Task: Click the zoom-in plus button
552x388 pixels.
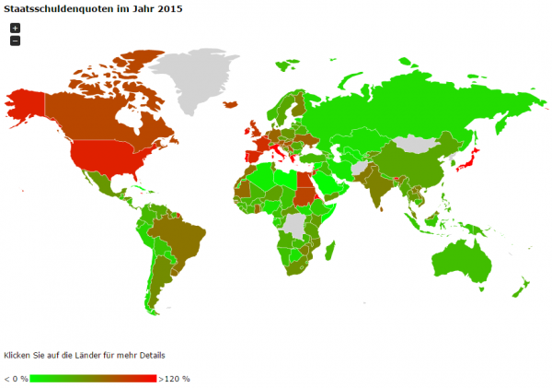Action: tap(15, 29)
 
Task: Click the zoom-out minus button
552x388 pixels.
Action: tap(15, 41)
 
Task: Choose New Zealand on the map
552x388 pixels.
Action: tap(521, 288)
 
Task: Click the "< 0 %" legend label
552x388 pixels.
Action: tap(16, 378)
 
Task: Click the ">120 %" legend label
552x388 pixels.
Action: tap(174, 378)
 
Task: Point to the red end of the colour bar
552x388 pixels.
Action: tap(151, 378)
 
